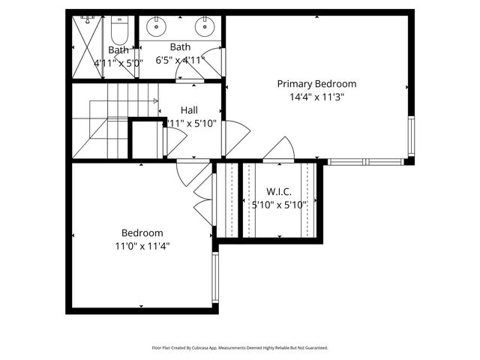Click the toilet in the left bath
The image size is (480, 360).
(118, 31)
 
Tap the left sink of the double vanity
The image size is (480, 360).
(155, 28)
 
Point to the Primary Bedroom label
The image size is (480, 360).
(316, 84)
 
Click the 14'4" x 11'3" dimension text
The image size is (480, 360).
(316, 97)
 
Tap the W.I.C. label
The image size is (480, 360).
(279, 192)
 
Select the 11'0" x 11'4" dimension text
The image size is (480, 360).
(142, 245)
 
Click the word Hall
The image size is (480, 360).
(189, 110)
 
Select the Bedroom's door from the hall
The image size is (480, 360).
(191, 173)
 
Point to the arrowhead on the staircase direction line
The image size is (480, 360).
(155, 100)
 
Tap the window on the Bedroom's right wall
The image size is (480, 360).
(215, 277)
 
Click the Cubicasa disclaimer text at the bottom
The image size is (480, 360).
(240, 348)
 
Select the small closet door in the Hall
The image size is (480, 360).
(175, 140)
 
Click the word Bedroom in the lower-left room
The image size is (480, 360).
(142, 233)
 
